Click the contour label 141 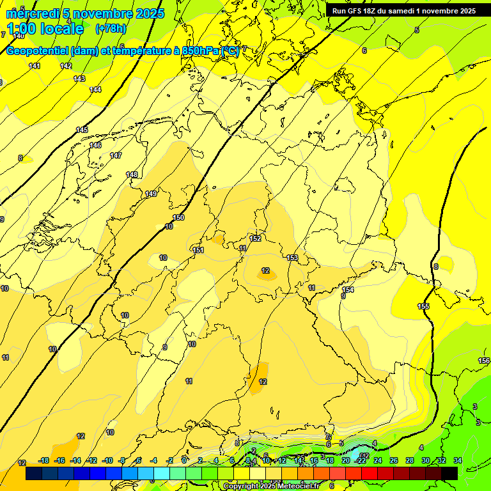click(x=35, y=66)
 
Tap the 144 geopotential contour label click(x=95, y=90)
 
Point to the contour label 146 click(x=95, y=145)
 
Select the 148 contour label click(x=132, y=175)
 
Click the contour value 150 click(x=178, y=217)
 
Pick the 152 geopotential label click(x=255, y=238)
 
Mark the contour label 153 click(x=292, y=258)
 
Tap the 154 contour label click(x=348, y=290)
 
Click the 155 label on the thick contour click(x=423, y=306)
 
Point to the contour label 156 click(x=484, y=361)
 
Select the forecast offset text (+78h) click(x=111, y=29)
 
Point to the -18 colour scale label click(x=43, y=460)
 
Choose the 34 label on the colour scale click(x=457, y=460)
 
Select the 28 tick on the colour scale click(x=409, y=460)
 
